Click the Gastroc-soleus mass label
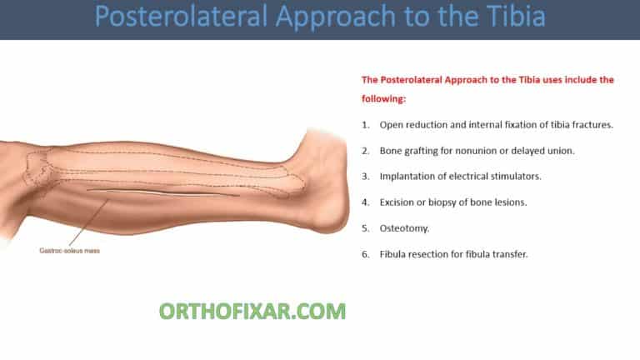pyautogui.click(x=69, y=250)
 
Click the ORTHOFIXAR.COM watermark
pyautogui.click(x=252, y=312)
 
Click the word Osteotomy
pyautogui.click(x=404, y=227)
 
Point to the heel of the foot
pyautogui.click(x=337, y=218)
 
